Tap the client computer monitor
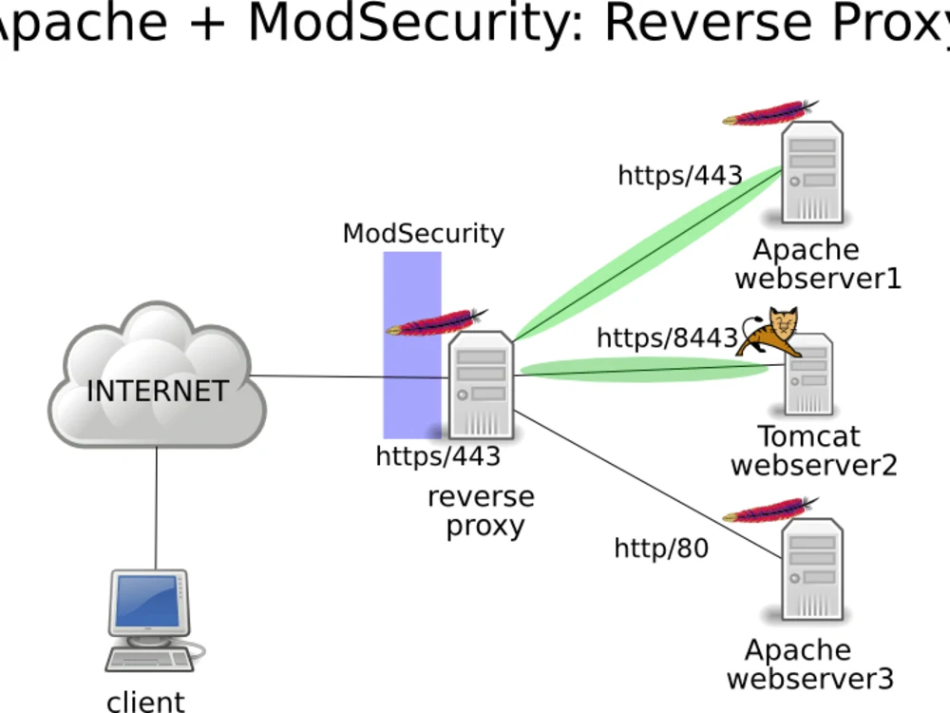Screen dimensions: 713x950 pos(147,603)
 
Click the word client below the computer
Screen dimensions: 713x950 pos(145,702)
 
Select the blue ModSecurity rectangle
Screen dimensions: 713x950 pos(412,285)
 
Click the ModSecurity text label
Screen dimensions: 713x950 pos(424,234)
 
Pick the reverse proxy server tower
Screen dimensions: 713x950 pos(481,385)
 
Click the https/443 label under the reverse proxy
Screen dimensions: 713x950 pos(438,456)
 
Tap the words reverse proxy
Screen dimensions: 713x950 pos(482,511)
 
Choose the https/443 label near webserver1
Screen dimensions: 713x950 pos(680,176)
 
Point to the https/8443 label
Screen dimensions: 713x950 pos(667,338)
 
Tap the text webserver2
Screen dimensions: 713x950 pos(813,466)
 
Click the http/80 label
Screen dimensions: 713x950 pos(661,549)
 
